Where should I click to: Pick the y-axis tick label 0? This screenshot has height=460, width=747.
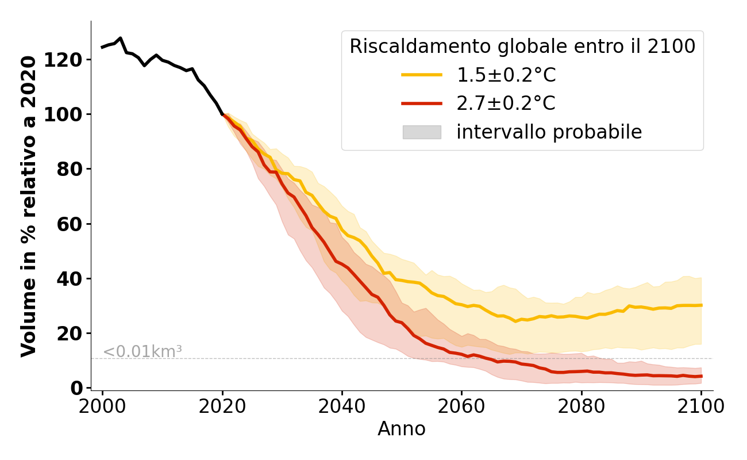[77, 388]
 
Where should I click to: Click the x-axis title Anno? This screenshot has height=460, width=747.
[402, 430]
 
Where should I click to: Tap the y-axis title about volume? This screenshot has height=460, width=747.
[29, 206]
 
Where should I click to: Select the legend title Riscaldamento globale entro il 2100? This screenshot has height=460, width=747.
[522, 47]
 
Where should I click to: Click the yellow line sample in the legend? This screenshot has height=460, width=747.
[422, 75]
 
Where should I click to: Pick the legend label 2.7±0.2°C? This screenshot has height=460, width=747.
[506, 103]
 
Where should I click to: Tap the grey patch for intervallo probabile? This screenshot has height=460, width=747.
[422, 132]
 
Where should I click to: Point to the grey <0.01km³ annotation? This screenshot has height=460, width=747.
[143, 351]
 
